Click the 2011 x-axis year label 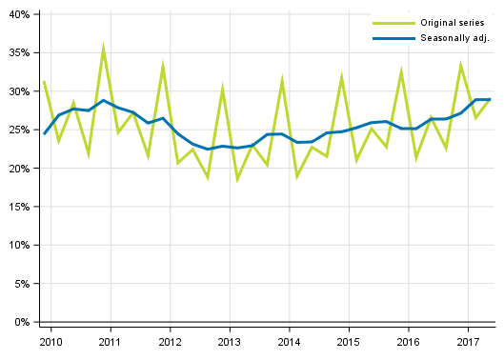click(110, 342)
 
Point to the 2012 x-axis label click(170, 342)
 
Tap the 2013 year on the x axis click(229, 342)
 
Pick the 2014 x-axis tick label click(289, 342)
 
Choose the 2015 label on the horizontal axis click(349, 342)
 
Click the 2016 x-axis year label click(408, 342)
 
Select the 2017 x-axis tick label click(468, 342)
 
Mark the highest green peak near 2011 click(103, 48)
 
